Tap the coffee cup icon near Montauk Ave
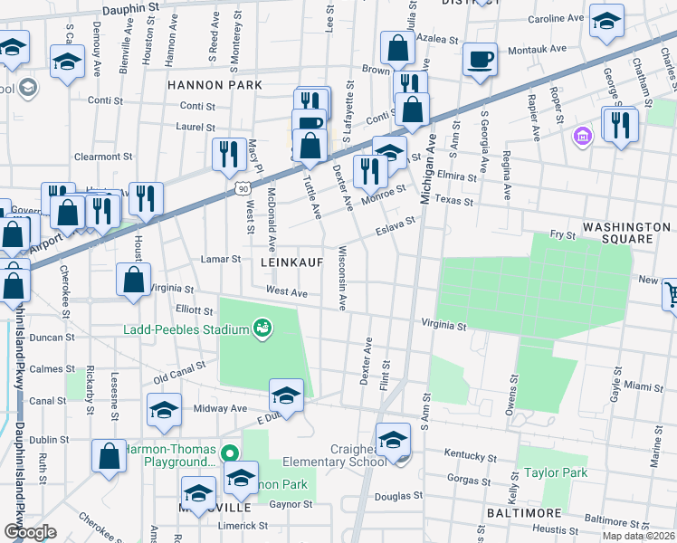tap(480, 59)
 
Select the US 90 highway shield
tap(242, 187)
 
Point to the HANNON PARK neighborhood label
tap(215, 85)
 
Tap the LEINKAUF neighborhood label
tap(292, 261)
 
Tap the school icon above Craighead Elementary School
tap(393, 440)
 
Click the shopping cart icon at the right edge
tap(672, 293)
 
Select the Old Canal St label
tap(180, 371)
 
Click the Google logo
tap(30, 531)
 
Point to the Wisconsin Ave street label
tap(343, 278)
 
